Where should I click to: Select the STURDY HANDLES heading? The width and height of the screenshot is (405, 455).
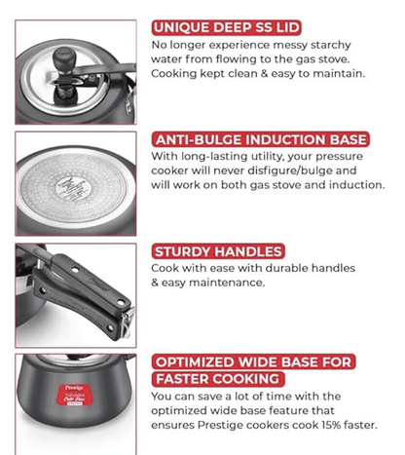click(217, 250)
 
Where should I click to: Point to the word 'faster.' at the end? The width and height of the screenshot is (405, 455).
click(370, 425)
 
